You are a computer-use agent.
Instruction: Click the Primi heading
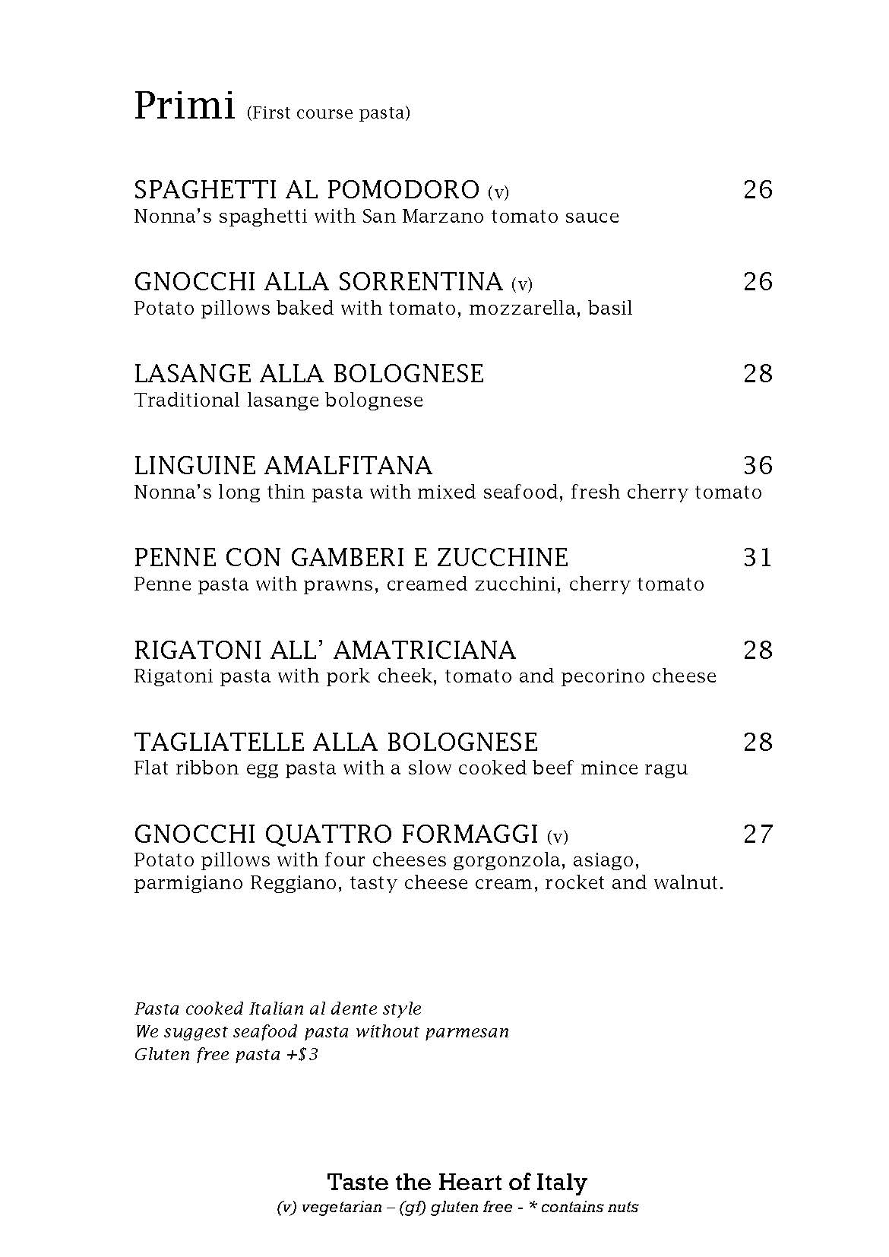(x=184, y=106)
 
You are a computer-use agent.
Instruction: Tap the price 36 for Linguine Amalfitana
(x=758, y=465)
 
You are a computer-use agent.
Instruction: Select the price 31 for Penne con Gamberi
(x=758, y=558)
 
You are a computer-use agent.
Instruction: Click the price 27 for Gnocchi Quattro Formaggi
(x=758, y=834)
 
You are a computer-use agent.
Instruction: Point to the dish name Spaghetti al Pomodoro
(x=307, y=190)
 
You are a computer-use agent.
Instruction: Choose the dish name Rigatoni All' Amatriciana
(x=324, y=651)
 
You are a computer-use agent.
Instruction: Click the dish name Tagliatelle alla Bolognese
(x=336, y=742)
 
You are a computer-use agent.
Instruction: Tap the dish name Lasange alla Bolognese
(x=308, y=374)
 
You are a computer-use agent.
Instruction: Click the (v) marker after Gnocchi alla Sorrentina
(x=522, y=285)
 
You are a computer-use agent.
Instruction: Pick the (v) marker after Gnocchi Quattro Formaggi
(x=558, y=837)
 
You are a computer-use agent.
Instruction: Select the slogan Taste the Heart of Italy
(x=457, y=1183)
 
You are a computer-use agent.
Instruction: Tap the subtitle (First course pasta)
(x=328, y=113)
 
